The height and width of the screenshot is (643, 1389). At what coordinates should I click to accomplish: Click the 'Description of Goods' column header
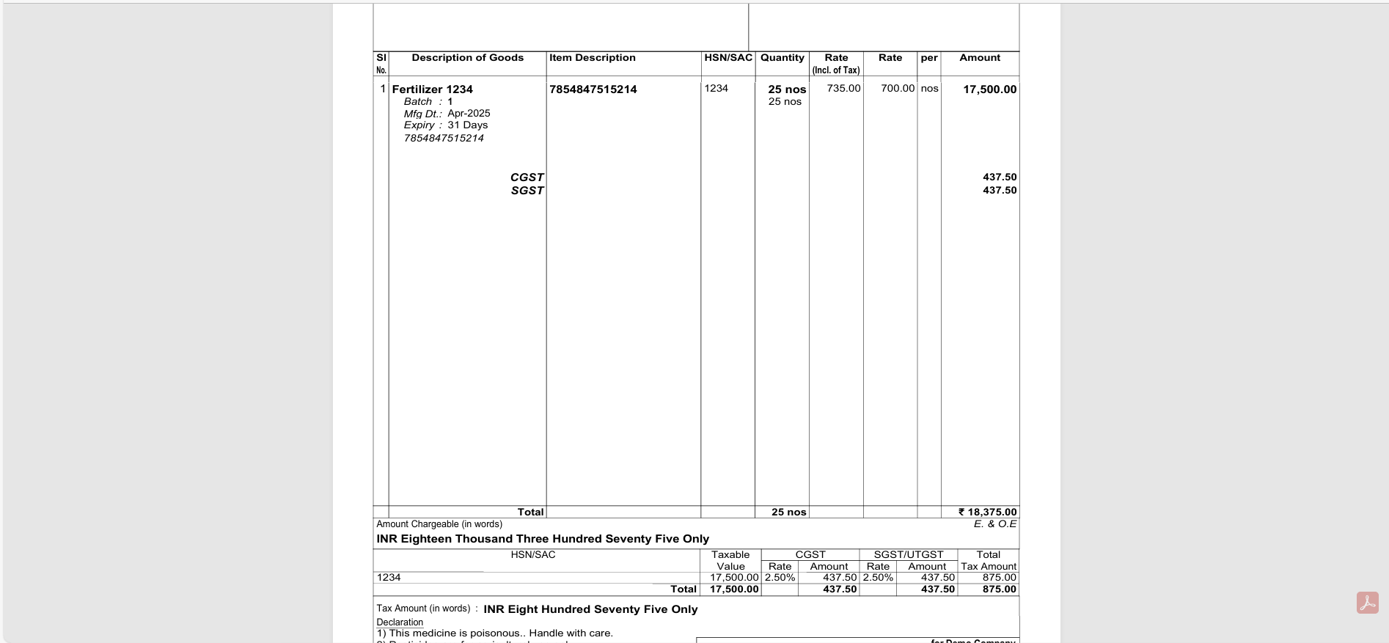pos(467,58)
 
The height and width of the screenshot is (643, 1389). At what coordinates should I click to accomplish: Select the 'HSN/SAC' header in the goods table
pos(728,58)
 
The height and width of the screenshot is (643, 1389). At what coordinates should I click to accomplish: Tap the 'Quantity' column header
pos(782,58)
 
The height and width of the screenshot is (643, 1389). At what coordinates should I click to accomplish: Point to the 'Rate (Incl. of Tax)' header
pos(836,64)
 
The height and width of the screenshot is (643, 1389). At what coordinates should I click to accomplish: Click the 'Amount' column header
pos(980,58)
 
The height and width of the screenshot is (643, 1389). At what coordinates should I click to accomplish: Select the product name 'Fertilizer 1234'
pos(432,89)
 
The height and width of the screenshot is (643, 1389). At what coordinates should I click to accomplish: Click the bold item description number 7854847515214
pos(593,89)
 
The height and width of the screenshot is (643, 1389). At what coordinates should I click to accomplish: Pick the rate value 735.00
pos(843,89)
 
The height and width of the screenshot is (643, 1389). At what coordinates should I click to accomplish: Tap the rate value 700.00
pos(898,89)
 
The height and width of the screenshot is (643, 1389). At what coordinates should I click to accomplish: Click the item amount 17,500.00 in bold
pos(989,89)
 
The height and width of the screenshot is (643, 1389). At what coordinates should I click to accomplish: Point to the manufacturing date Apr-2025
pos(469,114)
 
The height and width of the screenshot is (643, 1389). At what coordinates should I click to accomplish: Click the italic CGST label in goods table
pos(527,177)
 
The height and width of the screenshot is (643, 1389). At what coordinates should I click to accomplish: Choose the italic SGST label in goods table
pos(527,191)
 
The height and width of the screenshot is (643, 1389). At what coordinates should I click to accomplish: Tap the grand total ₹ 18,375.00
pos(987,512)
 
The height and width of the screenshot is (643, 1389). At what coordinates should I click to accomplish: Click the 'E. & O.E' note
pos(994,524)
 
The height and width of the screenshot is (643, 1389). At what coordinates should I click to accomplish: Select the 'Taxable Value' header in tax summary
pos(730,561)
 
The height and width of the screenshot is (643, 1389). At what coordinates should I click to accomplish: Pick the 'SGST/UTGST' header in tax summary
pos(908,555)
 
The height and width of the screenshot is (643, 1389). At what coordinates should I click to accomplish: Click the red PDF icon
pos(1367,603)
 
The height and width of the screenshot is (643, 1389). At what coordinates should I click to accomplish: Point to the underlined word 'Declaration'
pos(400,622)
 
